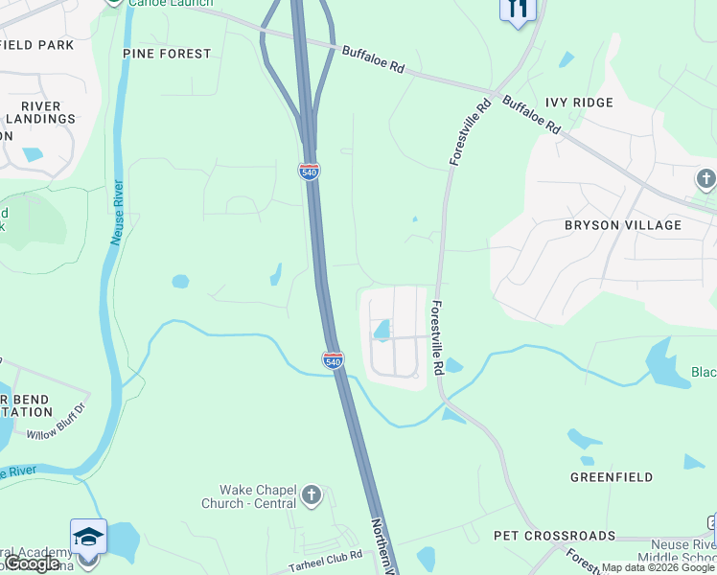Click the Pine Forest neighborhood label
pos(167,54)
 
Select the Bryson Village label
pos(622,225)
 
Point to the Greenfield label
pos(612,476)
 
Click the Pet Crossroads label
pos(554,535)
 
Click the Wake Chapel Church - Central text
pos(247,495)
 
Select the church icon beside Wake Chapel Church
pos(311,495)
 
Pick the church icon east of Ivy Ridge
pos(705,178)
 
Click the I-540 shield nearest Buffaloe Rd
pos(309,172)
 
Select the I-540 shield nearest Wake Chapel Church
pos(332,360)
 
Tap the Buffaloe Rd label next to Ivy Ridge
pos(531,113)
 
